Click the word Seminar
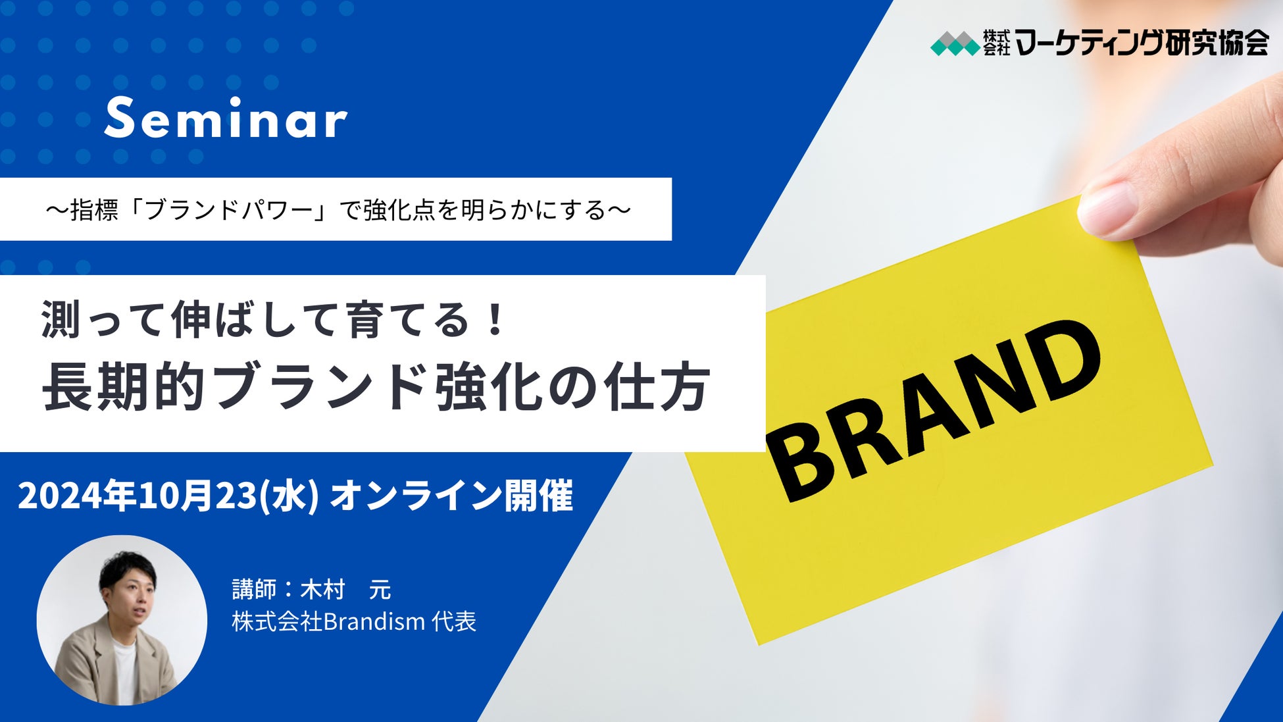click(226, 118)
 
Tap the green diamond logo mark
click(955, 43)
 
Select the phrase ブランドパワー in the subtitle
click(228, 210)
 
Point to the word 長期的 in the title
click(123, 387)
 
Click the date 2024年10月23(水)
click(168, 496)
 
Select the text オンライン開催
click(451, 496)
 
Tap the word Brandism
click(374, 621)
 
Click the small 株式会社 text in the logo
click(996, 43)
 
